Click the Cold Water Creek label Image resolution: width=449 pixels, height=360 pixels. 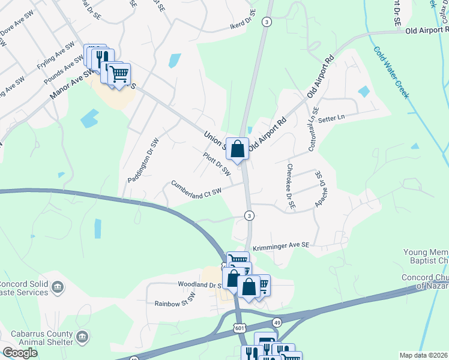click(x=394, y=73)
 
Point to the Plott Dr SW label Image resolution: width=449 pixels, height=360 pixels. click(x=217, y=164)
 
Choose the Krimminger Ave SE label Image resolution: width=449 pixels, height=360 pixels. click(x=280, y=245)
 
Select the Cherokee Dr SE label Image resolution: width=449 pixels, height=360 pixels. click(x=291, y=187)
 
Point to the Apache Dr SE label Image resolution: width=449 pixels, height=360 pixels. click(x=319, y=190)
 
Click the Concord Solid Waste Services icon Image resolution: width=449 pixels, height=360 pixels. click(x=58, y=288)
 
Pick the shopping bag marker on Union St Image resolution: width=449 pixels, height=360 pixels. click(x=238, y=149)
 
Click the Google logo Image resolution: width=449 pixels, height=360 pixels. click(x=20, y=353)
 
